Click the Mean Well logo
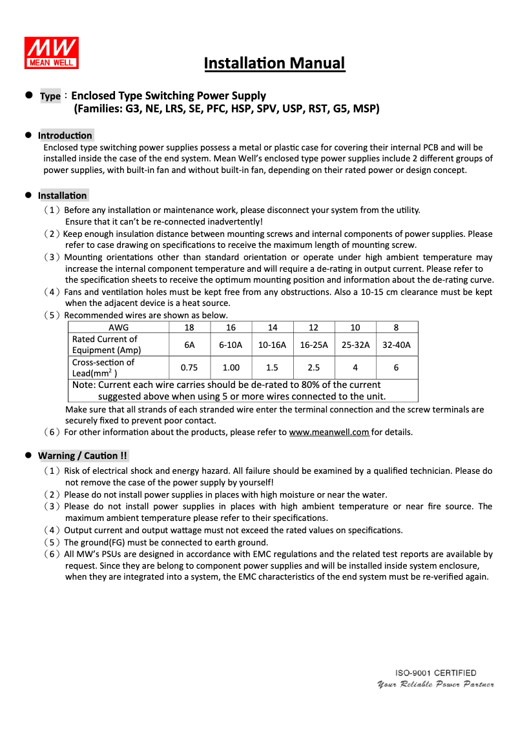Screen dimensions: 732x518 pyautogui.click(x=52, y=53)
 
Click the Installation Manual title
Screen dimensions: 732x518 pyautogui.click(x=275, y=63)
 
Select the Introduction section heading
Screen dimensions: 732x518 pyautogui.click(x=65, y=136)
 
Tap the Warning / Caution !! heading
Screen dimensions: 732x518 pyautogui.click(x=83, y=456)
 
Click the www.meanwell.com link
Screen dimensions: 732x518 pyautogui.click(x=329, y=432)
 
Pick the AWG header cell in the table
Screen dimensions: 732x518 pyautogui.click(x=118, y=327)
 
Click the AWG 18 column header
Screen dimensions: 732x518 pyautogui.click(x=189, y=327)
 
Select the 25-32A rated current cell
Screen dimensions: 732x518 pyautogui.click(x=355, y=345)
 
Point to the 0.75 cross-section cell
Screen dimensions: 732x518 pyautogui.click(x=189, y=367)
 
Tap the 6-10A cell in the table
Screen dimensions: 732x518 pyautogui.click(x=231, y=345)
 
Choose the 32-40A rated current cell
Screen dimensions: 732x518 pyautogui.click(x=396, y=345)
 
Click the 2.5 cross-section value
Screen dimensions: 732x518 pyautogui.click(x=313, y=367)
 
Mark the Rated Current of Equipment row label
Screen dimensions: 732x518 pyautogui.click(x=107, y=345)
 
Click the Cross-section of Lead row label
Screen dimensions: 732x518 pyautogui.click(x=103, y=367)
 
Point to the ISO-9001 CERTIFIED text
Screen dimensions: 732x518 pyautogui.click(x=436, y=673)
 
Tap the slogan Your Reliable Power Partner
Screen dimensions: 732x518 pyautogui.click(x=435, y=684)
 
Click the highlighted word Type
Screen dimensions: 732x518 pyautogui.click(x=50, y=96)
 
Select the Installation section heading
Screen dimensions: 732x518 pyautogui.click(x=63, y=196)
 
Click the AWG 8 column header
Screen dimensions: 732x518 pyautogui.click(x=396, y=327)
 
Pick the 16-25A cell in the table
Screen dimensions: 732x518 pyautogui.click(x=313, y=345)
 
